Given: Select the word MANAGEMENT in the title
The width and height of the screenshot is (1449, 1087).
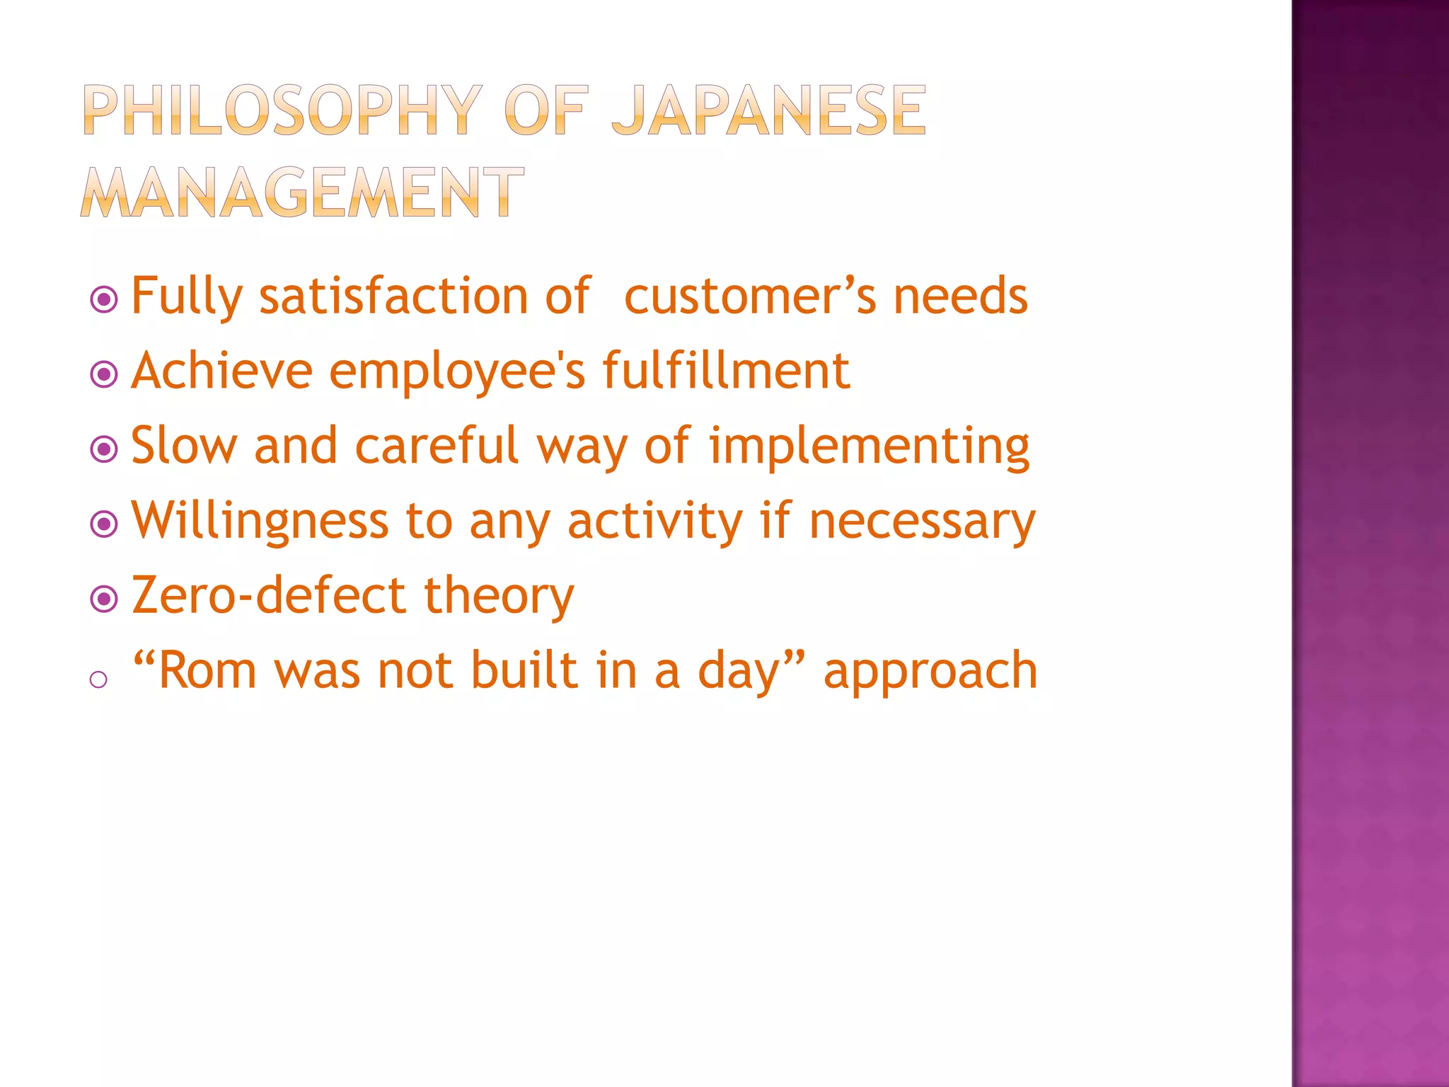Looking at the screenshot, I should point(302,192).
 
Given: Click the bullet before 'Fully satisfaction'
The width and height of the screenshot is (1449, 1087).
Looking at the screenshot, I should point(104,299).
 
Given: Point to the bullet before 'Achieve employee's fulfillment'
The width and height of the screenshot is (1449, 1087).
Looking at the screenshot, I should point(104,374).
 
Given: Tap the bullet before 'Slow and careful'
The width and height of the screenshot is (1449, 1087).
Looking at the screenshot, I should point(104,449).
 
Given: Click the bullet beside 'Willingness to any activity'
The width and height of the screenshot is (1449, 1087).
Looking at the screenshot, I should point(104,524).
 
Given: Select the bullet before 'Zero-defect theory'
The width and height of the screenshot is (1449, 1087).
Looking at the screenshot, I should point(104,599).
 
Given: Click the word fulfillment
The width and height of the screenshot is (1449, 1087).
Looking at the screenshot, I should point(726,370).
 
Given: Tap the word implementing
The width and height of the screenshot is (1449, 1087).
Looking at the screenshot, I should point(869,446).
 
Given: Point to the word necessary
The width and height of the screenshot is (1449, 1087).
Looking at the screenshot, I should point(922,522).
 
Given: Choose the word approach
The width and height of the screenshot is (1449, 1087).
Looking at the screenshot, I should point(930,670).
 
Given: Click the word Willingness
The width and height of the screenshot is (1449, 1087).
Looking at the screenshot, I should point(260,522).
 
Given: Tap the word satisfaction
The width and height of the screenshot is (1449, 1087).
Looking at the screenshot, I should point(393,296).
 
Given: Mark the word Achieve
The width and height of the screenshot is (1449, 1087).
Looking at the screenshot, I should point(221,370).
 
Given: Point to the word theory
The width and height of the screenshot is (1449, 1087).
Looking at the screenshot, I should point(499,597).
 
